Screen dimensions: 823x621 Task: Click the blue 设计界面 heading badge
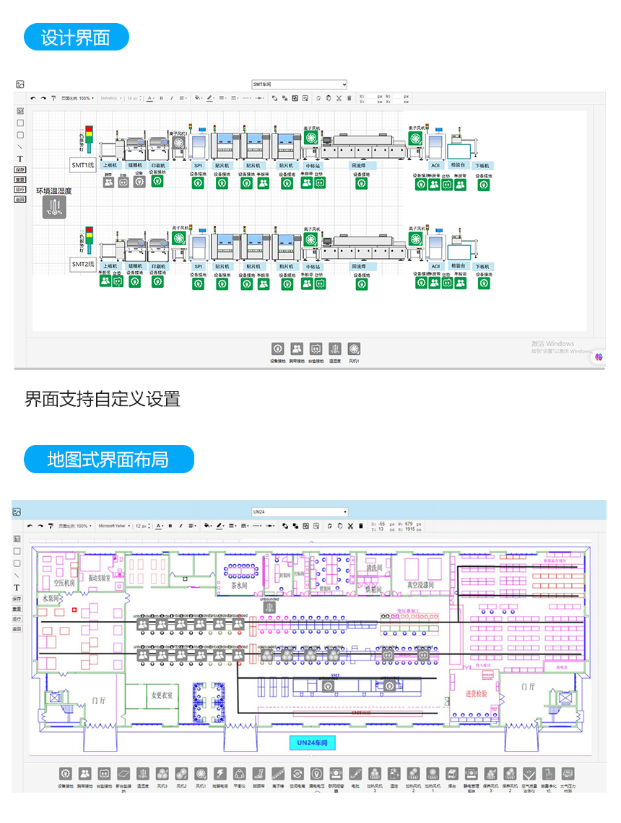pos(76,38)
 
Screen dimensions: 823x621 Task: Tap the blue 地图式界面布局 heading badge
pos(108,459)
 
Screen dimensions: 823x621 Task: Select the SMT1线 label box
pos(82,165)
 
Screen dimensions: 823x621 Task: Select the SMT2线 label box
pos(82,265)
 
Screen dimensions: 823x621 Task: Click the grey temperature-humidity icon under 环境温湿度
pos(54,207)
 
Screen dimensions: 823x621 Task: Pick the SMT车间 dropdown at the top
pos(300,84)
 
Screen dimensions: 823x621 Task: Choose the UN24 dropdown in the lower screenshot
pos(300,511)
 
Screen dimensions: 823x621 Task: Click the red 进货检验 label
pos(472,694)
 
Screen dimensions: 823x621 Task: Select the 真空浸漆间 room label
pos(420,585)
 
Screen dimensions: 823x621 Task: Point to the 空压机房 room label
pos(64,582)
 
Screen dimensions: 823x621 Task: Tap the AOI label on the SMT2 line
pos(435,265)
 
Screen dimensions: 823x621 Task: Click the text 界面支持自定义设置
pos(103,399)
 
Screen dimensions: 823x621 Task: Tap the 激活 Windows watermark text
pos(552,343)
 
